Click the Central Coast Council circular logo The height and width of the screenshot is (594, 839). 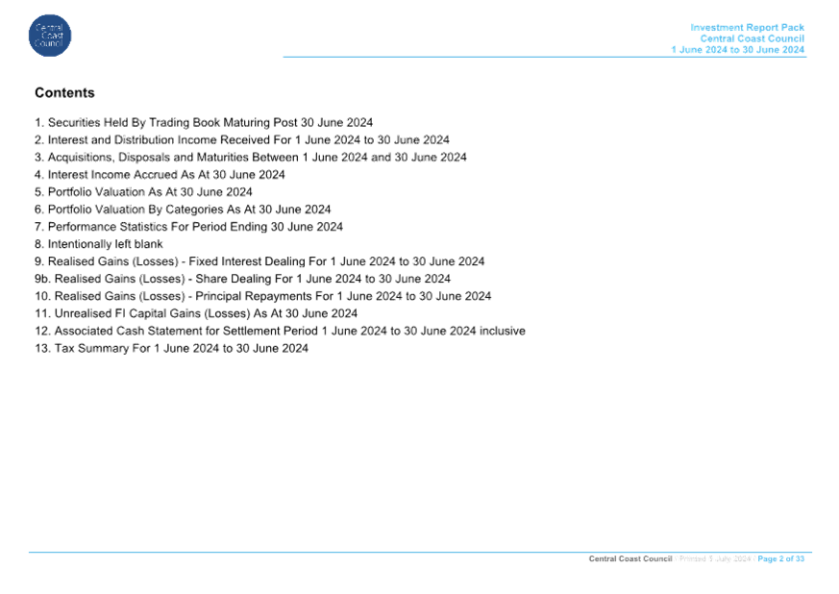pos(50,36)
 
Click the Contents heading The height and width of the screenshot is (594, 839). pos(64,92)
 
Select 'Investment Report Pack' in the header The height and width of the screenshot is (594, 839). pos(747,27)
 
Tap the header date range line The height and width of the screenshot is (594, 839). pos(738,50)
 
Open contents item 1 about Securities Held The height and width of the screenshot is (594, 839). pos(204,122)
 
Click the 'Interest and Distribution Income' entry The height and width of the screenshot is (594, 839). pos(242,139)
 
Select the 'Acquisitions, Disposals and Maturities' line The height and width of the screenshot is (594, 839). pos(251,158)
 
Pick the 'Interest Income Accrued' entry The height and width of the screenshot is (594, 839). pos(160,175)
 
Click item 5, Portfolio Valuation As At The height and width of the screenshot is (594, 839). pos(143,192)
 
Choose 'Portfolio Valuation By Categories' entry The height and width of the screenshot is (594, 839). pos(183,210)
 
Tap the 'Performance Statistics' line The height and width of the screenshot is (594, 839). pos(189,227)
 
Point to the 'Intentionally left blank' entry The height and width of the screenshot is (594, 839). pos(99,244)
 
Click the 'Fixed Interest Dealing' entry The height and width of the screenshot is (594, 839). pos(259,261)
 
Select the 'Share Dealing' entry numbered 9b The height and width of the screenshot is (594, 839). pos(243,279)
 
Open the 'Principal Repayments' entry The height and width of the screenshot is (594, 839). pos(262,296)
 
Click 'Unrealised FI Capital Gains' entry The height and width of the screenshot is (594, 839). pos(196,313)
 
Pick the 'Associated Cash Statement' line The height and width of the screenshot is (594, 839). pos(280,332)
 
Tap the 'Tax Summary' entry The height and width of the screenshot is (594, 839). pos(172,348)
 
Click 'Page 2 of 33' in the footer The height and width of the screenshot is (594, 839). pos(780,558)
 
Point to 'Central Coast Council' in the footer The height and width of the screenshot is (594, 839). pos(630,558)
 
